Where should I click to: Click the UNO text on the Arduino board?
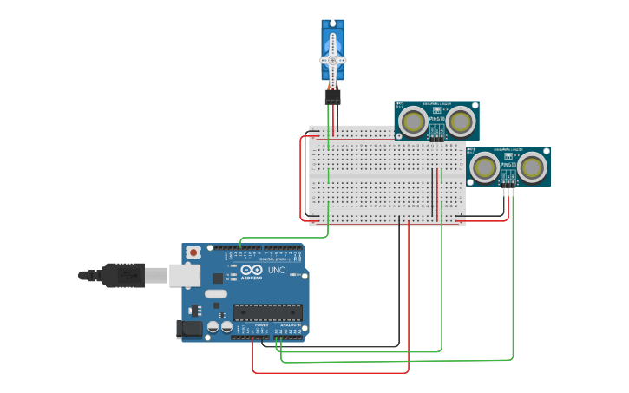point(276,271)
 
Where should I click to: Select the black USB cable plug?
point(122,275)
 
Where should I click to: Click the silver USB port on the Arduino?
point(183,275)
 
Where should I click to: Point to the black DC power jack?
point(189,329)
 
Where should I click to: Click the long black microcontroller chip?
point(267,312)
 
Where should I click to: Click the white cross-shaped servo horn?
point(332,60)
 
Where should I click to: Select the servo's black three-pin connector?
point(332,96)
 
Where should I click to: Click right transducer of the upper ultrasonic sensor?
point(460,122)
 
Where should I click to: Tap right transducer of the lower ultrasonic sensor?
point(532,166)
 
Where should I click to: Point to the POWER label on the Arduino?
point(261,324)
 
